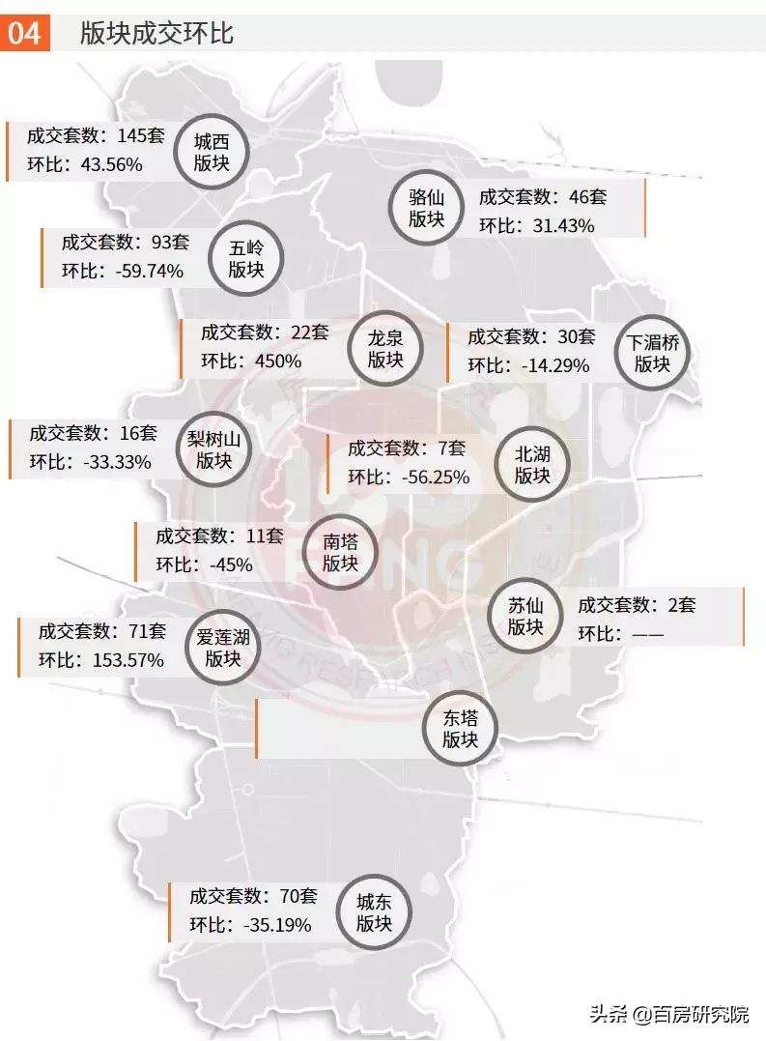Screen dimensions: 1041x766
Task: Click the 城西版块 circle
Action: [212, 153]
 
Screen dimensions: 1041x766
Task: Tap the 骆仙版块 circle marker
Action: [426, 209]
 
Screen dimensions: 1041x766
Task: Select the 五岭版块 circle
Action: [246, 258]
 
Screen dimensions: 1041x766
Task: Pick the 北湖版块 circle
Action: [532, 465]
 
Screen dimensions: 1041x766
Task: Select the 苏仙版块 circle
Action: [526, 617]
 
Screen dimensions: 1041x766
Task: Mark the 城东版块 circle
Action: [374, 912]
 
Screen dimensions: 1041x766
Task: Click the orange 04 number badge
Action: [25, 34]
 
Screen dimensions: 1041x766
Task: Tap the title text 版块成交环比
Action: [157, 35]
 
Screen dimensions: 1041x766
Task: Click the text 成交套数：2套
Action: [637, 606]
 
